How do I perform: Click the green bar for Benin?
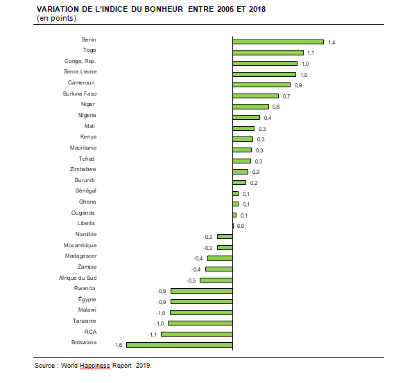278,42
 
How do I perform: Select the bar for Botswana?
180,345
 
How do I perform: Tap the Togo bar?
268,53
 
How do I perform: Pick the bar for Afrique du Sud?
216,280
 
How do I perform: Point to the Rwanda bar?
202,291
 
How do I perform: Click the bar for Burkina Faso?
256,96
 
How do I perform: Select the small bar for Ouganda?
234,215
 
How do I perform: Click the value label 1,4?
331,42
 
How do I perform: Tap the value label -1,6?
117,345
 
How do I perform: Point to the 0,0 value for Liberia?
241,226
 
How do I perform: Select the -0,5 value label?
191,280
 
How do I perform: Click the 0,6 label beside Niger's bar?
276,107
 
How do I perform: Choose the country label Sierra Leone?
80,71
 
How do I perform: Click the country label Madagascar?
81,256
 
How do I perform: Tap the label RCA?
91,332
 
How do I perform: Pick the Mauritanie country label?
83,148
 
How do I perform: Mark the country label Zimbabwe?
83,169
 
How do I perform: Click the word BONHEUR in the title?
164,9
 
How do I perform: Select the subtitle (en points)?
56,18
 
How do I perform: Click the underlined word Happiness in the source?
95,366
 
